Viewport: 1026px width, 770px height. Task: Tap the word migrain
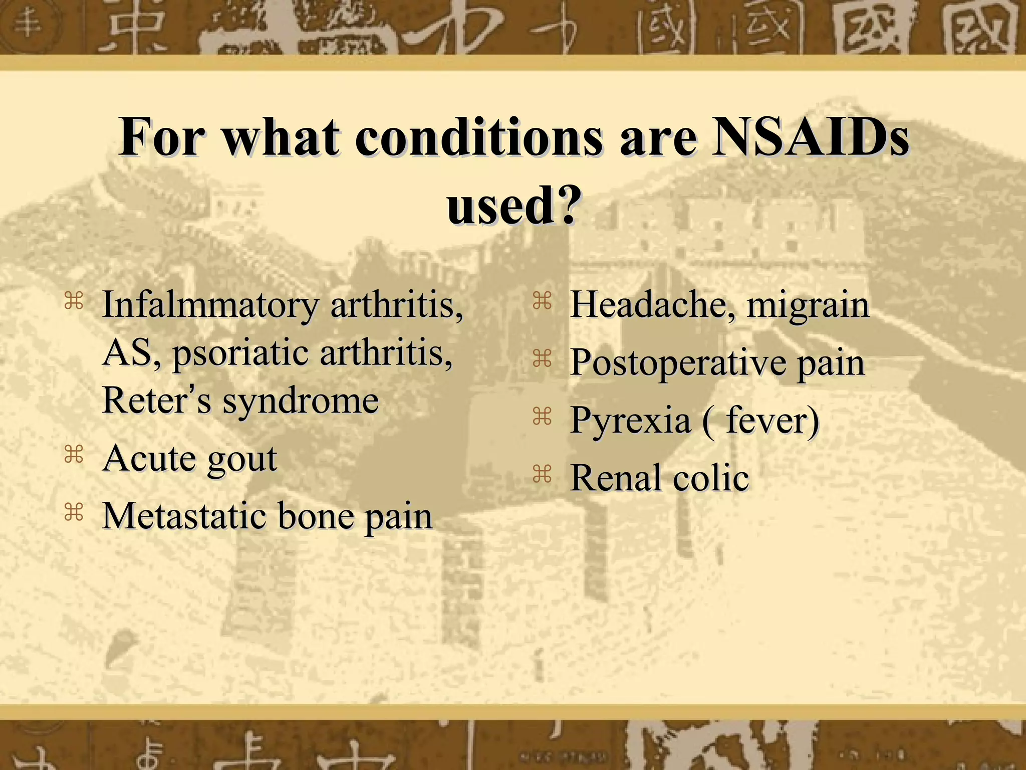click(808, 306)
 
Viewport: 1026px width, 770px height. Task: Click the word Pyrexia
click(630, 421)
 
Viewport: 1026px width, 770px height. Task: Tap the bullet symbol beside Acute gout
click(74, 454)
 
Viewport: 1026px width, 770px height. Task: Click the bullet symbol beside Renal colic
click(542, 473)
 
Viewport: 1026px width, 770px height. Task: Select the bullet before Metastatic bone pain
click(74, 512)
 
